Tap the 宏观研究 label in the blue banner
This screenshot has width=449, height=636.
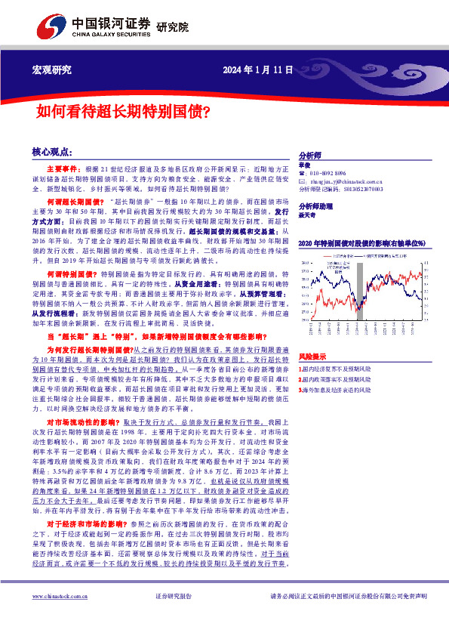click(52, 70)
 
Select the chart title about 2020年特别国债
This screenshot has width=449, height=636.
click(362, 243)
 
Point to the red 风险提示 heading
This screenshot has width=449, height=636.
click(312, 355)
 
